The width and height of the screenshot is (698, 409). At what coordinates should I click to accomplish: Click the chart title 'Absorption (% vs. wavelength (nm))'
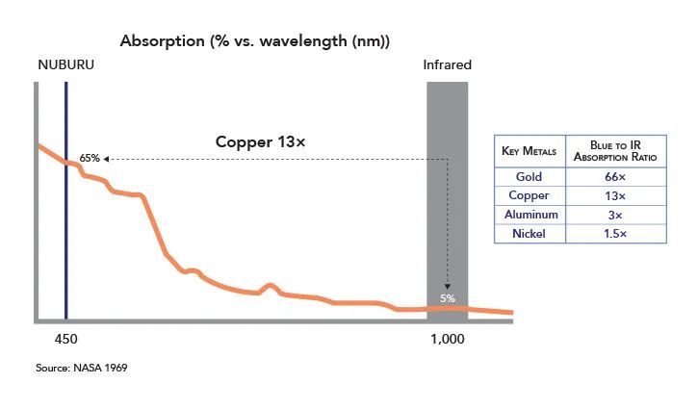tap(253, 41)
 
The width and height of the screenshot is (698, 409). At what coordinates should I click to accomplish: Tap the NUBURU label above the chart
tap(65, 65)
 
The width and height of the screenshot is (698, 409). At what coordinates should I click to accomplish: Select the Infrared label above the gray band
tap(448, 65)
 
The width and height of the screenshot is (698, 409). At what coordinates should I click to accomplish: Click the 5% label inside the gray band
tap(448, 298)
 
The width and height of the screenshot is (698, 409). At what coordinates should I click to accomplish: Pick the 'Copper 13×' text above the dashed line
tap(260, 141)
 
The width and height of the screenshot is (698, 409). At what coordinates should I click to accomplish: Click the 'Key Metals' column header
tap(529, 151)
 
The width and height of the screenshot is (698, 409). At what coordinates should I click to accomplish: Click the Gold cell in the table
tap(529, 177)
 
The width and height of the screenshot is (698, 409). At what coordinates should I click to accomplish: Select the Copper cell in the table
tap(529, 195)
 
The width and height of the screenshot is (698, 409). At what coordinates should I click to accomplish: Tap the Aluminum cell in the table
tap(529, 214)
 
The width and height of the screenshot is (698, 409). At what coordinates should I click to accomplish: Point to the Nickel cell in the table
tap(529, 233)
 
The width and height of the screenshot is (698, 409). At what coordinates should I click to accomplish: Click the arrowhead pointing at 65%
tap(107, 159)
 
